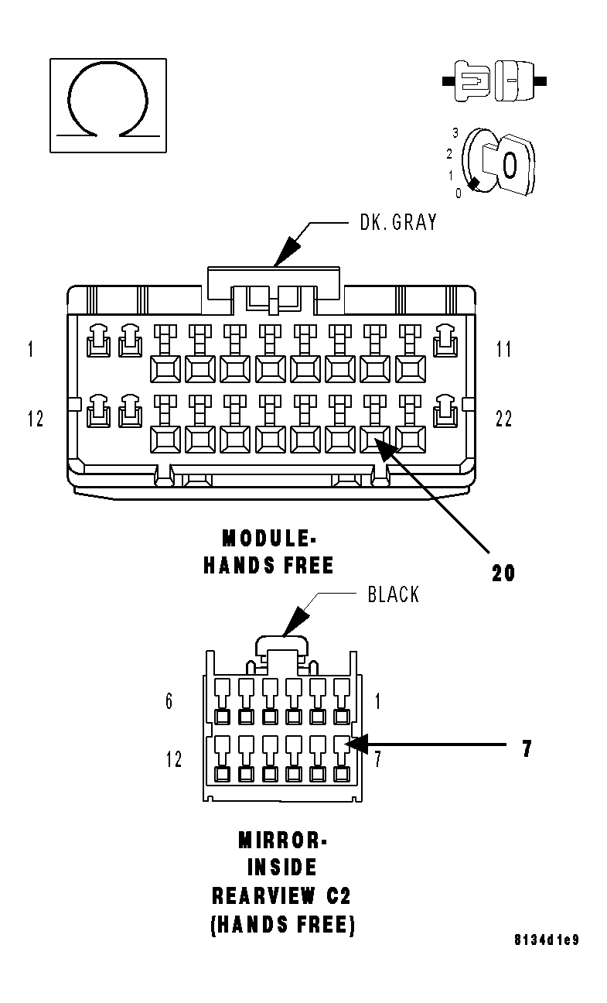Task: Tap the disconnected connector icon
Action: click(x=494, y=80)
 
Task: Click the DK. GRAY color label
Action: click(x=398, y=223)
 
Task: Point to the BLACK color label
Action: click(x=393, y=594)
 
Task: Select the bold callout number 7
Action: click(x=527, y=749)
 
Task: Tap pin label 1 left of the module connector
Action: click(x=30, y=349)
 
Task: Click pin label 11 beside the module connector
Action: click(x=503, y=349)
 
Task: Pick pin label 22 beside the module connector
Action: click(x=503, y=419)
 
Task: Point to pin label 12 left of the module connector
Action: click(x=35, y=419)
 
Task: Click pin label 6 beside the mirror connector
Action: click(x=169, y=701)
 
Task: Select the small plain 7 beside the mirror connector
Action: click(x=377, y=758)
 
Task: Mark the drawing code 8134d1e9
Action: click(x=547, y=940)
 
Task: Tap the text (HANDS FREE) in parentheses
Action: click(x=282, y=925)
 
